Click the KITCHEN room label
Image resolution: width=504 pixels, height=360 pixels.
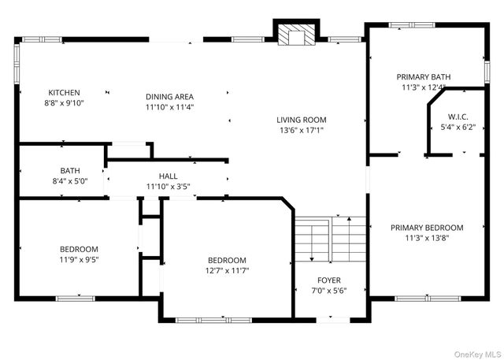pos(64,93)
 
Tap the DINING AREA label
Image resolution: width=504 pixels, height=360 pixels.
pos(169,96)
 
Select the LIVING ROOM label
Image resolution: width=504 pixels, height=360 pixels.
pos(301,120)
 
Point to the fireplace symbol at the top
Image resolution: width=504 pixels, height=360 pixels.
pos(296,35)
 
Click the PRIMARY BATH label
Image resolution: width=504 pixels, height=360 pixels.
pos(424,77)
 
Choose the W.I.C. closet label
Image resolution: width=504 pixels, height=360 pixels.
pos(458,117)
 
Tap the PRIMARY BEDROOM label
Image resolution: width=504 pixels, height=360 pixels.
pos(427,228)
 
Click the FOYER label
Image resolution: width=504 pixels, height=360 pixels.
pos(329,280)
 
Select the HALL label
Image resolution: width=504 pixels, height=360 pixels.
pos(168,176)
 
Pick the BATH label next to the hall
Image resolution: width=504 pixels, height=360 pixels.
pos(70,170)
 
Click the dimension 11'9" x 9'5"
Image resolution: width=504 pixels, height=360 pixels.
pos(79,259)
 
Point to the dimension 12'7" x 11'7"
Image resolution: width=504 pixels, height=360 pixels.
pos(227,271)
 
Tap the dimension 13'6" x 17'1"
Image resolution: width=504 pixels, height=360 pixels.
pos(301,130)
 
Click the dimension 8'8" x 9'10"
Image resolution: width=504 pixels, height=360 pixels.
pos(64,103)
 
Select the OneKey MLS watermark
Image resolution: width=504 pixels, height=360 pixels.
pos(478,354)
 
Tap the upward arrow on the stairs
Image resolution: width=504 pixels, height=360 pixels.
pos(350,239)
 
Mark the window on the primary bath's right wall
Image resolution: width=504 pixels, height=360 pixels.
pos(487,72)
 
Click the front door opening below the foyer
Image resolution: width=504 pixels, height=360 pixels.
pos(332,320)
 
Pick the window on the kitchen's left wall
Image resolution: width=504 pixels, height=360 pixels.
pos(17,64)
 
